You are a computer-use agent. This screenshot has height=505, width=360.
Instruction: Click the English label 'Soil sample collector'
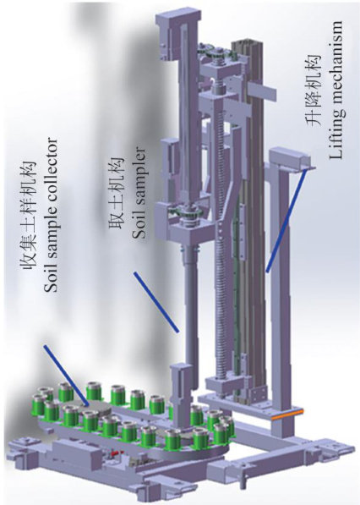tap(52, 216)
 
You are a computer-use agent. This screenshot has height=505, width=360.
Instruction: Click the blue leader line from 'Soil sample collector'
tap(67, 376)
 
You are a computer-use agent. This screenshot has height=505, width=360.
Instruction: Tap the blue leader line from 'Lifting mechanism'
tap(286, 221)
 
